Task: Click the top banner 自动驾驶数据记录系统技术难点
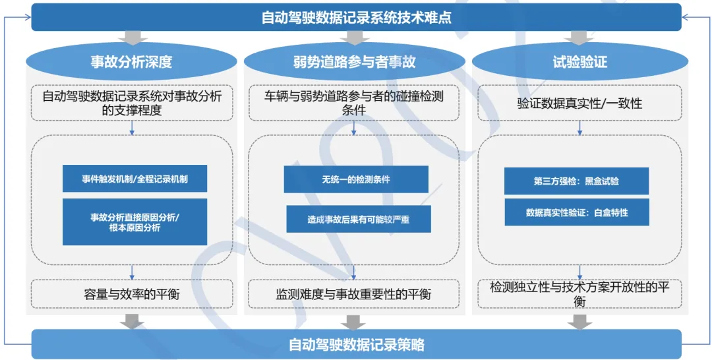tap(356, 17)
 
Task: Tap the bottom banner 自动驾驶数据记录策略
tap(356, 344)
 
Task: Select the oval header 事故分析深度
tap(131, 63)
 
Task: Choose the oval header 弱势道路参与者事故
tap(354, 63)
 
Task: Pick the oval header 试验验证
tap(579, 63)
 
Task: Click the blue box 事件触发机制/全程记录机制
tap(134, 179)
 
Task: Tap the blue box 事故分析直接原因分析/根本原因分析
tap(134, 222)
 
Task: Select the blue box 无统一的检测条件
tap(356, 179)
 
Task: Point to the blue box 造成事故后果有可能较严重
tap(358, 220)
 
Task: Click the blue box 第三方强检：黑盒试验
tap(576, 181)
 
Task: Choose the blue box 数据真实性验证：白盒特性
tap(576, 213)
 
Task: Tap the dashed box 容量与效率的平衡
tap(132, 294)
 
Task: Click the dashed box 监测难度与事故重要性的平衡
tap(353, 294)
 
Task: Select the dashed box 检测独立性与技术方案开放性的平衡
tap(579, 294)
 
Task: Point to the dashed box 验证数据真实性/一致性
tap(579, 104)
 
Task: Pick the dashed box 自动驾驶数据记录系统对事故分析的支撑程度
tap(132, 104)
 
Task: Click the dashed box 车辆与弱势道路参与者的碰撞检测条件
tap(353, 104)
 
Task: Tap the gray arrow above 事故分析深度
tap(131, 38)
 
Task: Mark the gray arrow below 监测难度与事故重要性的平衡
tap(353, 322)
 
